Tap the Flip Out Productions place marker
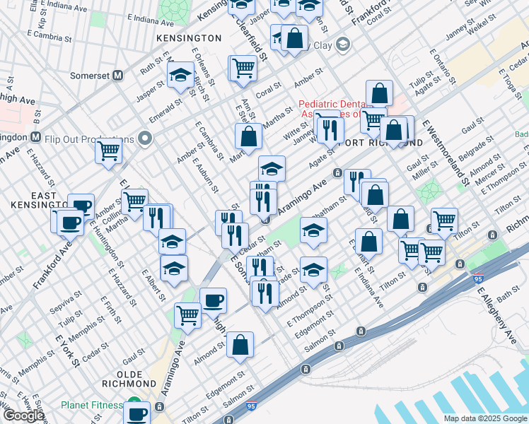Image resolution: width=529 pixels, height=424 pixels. click(146, 137)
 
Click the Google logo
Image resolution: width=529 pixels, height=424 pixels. click(23, 416)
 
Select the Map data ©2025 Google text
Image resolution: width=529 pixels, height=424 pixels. click(484, 418)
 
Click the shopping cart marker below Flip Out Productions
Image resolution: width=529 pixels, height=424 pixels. click(109, 150)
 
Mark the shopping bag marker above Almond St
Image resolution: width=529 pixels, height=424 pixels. click(240, 346)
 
